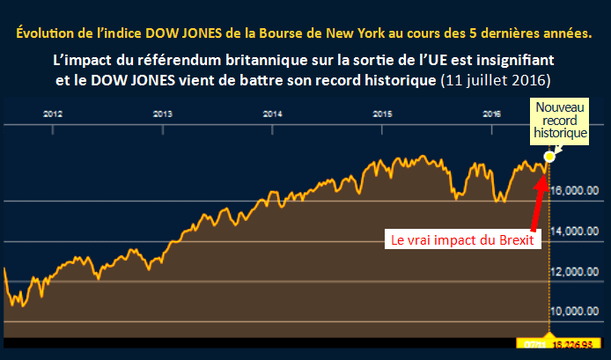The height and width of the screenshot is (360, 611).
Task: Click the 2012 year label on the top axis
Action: click(53, 114)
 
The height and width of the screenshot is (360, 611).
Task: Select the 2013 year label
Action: click(162, 114)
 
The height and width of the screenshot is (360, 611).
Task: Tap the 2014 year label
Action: click(272, 114)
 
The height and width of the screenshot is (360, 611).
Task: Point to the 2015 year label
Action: click(382, 114)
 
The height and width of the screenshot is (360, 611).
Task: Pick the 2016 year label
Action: click(492, 114)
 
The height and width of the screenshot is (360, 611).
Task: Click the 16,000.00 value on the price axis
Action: click(576, 189)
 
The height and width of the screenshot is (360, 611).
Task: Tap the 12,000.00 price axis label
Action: click(576, 271)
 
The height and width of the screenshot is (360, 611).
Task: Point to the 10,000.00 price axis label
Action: click(576, 312)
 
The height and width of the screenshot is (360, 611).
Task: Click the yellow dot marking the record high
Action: click(550, 157)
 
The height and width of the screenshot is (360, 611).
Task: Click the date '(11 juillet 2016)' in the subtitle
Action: click(496, 80)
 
